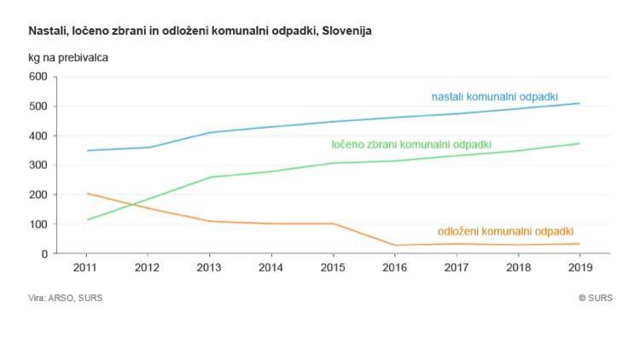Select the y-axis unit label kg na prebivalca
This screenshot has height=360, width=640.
click(x=68, y=58)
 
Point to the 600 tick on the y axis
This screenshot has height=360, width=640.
click(x=38, y=77)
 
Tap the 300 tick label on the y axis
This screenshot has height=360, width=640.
click(x=38, y=165)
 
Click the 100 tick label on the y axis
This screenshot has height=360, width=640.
click(x=38, y=224)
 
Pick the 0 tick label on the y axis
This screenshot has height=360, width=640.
click(x=44, y=254)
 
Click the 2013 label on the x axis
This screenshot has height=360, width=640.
click(x=210, y=267)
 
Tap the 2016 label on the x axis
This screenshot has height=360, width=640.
click(x=395, y=267)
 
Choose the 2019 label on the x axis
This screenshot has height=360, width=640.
click(x=580, y=267)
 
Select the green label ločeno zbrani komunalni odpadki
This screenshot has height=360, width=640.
click(x=411, y=144)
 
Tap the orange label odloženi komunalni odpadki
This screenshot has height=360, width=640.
click(x=505, y=231)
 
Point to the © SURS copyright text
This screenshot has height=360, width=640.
click(x=595, y=298)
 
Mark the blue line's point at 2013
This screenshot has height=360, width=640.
click(x=210, y=132)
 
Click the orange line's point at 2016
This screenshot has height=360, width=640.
click(x=395, y=246)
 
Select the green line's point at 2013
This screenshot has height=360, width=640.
click(x=210, y=177)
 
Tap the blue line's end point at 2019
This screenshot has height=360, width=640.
click(x=580, y=103)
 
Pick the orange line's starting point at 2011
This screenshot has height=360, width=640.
click(x=86, y=194)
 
